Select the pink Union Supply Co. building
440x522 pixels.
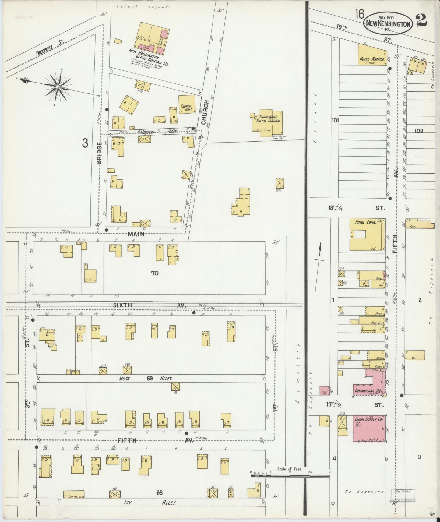coord(369,428)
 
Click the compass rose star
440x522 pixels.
coord(58,87)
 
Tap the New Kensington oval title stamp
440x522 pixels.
coord(388,23)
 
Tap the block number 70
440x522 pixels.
coord(155,273)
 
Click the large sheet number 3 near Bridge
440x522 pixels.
coord(85,143)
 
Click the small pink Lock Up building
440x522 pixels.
coord(325,390)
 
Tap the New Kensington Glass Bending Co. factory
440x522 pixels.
coord(152,39)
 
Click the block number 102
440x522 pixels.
coord(419,131)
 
